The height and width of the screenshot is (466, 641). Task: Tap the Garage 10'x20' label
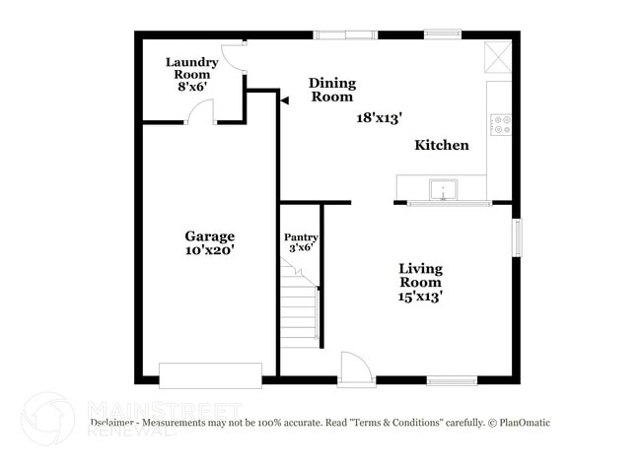point(209,243)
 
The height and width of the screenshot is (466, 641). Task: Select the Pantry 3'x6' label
point(301,242)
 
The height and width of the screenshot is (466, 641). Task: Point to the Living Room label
point(420,282)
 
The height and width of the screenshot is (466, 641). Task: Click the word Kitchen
point(441,146)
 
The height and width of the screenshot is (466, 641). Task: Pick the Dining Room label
point(331,90)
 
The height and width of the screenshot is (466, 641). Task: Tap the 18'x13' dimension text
point(380,117)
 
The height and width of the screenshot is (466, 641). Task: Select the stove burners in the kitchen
point(501,124)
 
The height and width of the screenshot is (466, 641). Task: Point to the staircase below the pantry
point(299,309)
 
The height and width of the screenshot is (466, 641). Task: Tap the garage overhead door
point(210,375)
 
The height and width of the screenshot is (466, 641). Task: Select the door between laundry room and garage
point(200,113)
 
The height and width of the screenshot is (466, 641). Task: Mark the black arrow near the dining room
point(283,100)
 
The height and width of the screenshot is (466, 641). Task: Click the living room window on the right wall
point(516,237)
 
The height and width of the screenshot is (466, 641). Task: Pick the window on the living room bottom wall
point(452,380)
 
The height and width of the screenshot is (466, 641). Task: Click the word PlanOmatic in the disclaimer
point(524,423)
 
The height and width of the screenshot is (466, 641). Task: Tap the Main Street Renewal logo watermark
point(49,418)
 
